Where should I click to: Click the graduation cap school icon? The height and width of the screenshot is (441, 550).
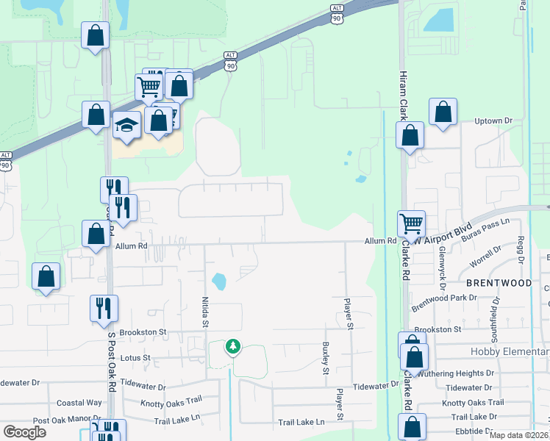[126, 126]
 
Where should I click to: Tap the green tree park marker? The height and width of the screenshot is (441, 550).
[233, 345]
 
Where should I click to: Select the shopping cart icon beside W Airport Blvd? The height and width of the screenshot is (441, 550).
[411, 223]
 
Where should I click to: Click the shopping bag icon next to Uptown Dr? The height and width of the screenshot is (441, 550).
[443, 112]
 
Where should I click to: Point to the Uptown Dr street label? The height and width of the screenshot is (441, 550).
[493, 121]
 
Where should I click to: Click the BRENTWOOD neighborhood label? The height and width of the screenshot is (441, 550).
[498, 283]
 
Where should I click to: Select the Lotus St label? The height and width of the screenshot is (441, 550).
[135, 358]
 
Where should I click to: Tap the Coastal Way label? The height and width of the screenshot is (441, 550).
[79, 403]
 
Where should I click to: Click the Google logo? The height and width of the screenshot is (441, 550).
[24, 432]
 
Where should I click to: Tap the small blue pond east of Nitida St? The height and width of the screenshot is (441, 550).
[219, 281]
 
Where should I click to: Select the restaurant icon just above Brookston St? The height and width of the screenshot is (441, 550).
[104, 307]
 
